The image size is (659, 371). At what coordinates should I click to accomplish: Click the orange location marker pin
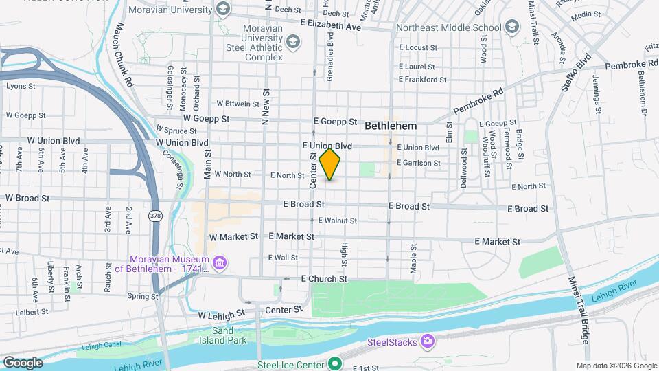[330, 164]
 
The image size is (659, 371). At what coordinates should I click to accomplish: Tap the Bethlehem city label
[391, 126]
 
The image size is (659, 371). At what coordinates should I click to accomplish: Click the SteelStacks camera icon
[428, 341]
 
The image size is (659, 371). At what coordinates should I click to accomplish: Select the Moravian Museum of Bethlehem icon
[220, 262]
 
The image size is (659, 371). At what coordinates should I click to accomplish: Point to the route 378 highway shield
[155, 216]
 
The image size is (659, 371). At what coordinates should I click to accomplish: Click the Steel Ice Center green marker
[335, 363]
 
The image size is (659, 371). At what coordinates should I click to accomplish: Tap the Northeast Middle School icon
[511, 27]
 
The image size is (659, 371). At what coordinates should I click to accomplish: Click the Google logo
[22, 362]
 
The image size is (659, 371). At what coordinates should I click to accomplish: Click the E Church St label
[324, 279]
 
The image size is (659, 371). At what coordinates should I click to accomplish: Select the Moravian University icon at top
[222, 9]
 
